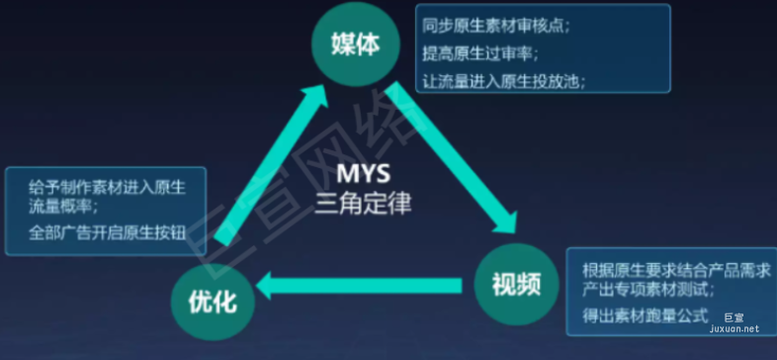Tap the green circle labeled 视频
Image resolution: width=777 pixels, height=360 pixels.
(516, 285)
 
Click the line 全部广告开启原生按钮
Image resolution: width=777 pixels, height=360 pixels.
(100, 234)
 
